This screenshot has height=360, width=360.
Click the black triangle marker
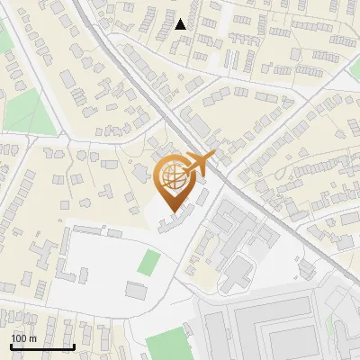[x=181, y=24]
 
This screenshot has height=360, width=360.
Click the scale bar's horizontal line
[x=41, y=346]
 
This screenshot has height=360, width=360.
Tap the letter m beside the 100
[x=33, y=338]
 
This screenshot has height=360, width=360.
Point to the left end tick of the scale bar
[x=11, y=345]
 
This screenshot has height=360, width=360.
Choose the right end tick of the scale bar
[x=73, y=345]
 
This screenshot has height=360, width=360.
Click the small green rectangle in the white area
[x=149, y=263]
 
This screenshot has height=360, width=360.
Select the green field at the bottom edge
[x=168, y=345]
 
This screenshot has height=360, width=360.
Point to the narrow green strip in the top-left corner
[x=6, y=36]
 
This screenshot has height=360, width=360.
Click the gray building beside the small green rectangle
[x=136, y=290]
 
